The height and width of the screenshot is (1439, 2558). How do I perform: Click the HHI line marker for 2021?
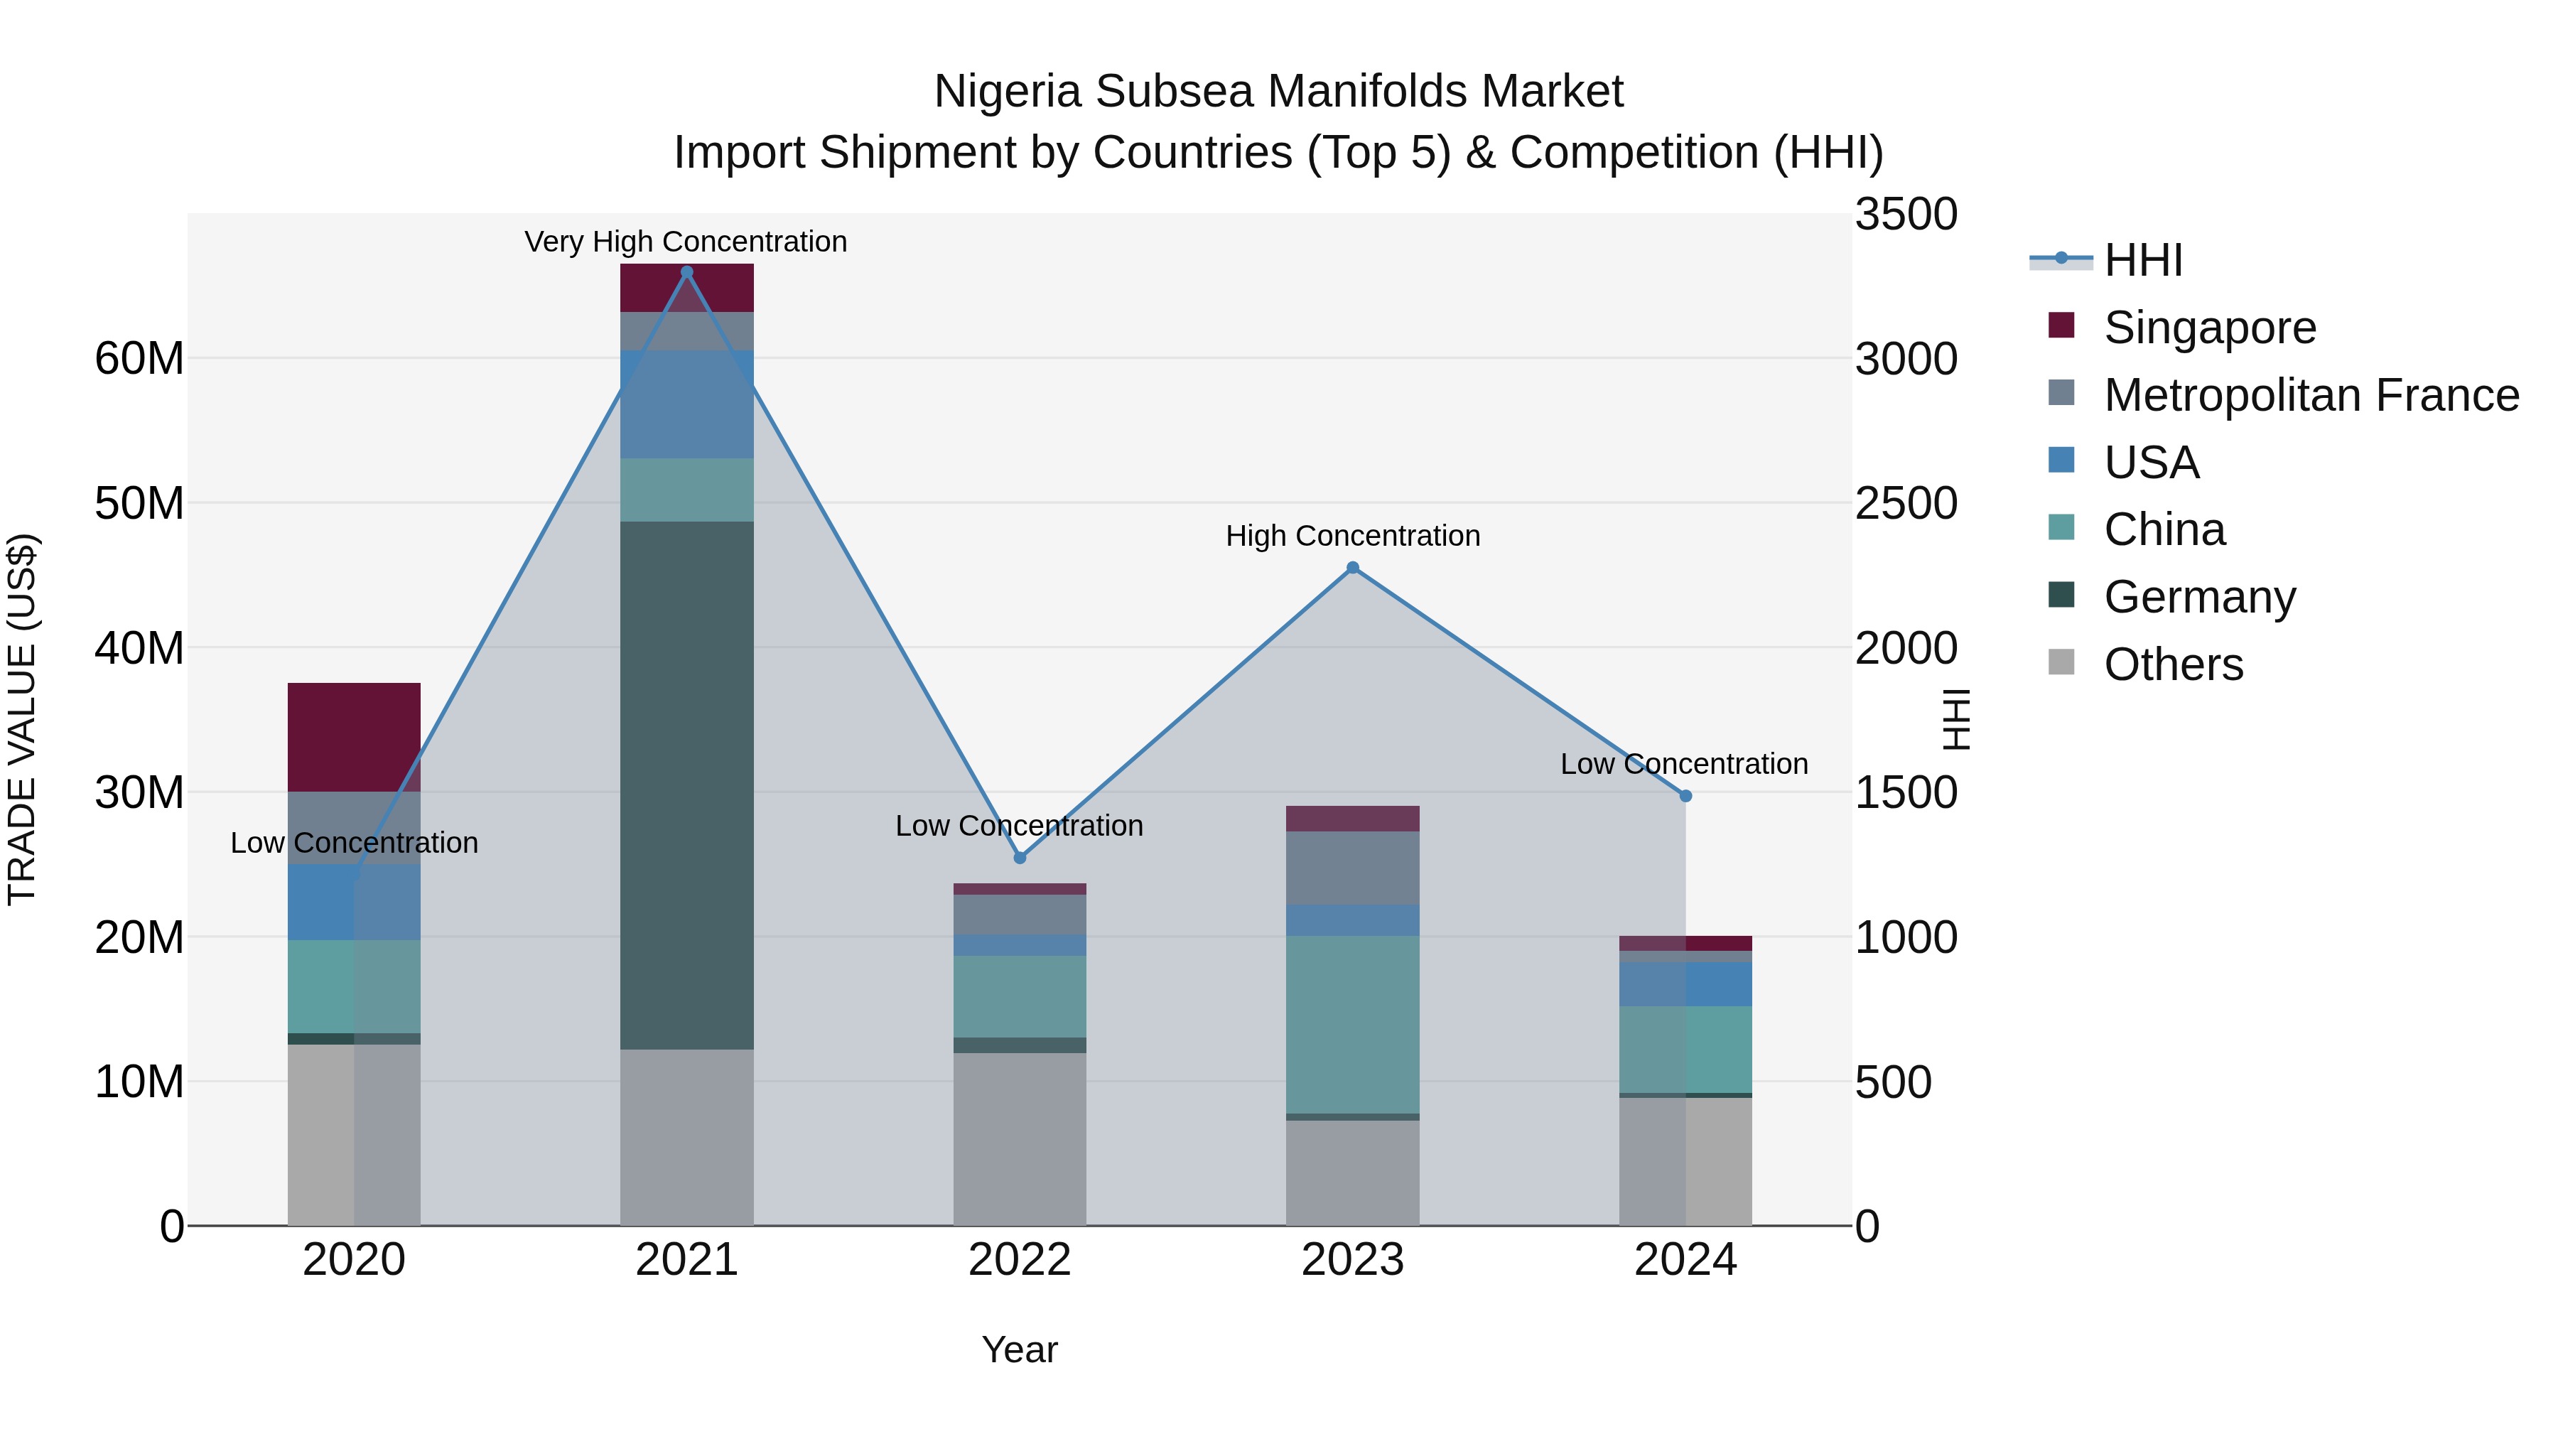(x=686, y=272)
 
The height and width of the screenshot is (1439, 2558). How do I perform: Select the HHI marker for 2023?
(x=1352, y=568)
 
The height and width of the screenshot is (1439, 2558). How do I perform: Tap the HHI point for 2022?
(x=1020, y=858)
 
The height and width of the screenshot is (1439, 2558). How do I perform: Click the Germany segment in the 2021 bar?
(x=686, y=785)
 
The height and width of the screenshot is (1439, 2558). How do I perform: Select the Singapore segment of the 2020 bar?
(x=354, y=737)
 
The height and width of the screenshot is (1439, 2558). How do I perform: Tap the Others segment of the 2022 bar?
(x=1020, y=1139)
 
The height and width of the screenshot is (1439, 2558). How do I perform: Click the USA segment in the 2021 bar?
(x=686, y=404)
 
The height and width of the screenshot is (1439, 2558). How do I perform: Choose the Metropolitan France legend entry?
(x=2311, y=395)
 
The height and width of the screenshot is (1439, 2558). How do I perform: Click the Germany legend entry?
(x=2199, y=597)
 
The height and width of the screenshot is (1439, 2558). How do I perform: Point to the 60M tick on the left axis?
(x=139, y=359)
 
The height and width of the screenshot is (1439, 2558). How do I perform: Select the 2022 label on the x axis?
(x=1020, y=1260)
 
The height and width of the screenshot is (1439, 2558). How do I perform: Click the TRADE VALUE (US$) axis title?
(x=22, y=719)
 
